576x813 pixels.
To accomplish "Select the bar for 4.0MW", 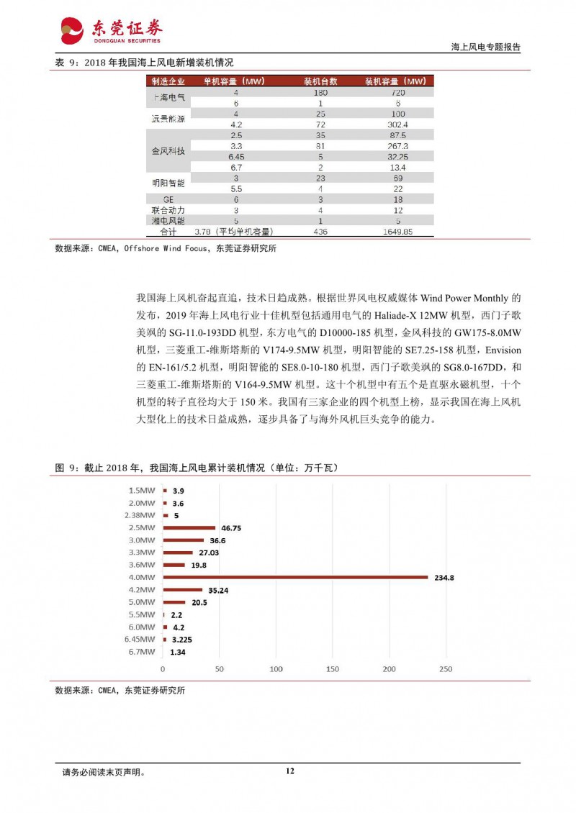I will point(295,577).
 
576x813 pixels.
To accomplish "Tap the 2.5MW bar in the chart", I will point(189,527).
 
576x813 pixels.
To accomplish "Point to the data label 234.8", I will point(443,577).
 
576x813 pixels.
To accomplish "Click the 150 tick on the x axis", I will point(333,670).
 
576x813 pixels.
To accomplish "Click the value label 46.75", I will point(231,527).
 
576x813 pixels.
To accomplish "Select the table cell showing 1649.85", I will point(395,232).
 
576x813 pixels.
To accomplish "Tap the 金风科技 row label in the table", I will point(168,151).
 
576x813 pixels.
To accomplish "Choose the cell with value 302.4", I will point(395,124).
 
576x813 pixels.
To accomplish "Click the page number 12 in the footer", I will point(289,771).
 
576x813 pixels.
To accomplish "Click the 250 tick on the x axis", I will point(446,670).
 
